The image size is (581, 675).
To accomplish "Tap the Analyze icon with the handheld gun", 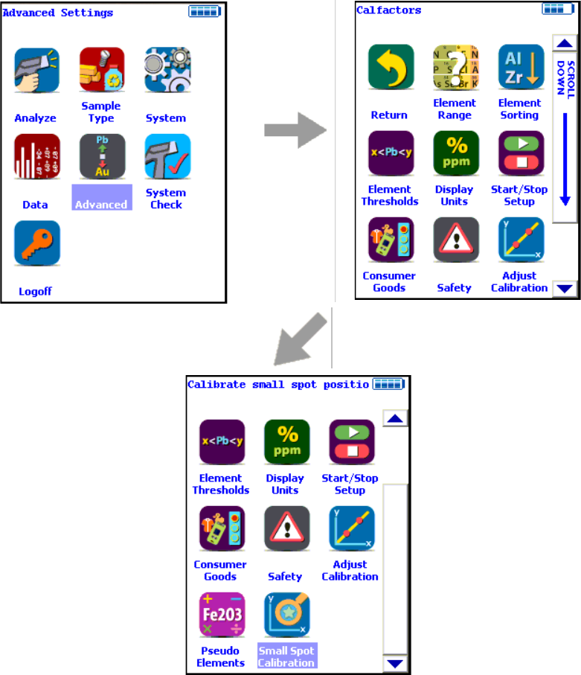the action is pos(36,71).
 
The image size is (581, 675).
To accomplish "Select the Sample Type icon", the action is pos(101,71).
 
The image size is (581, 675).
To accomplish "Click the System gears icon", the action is pos(167,71).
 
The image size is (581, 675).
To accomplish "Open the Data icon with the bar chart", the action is pos(36,157).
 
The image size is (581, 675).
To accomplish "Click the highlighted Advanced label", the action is pos(101,205).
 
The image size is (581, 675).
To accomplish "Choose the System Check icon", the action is pos(167,157).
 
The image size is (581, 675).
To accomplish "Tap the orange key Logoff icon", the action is pos(36,243).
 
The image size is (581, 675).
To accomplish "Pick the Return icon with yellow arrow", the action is pos(390,68).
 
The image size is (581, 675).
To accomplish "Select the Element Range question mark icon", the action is pos(455,68).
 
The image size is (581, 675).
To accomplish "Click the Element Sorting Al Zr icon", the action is pos(520,68).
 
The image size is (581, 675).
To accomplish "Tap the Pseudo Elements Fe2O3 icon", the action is pos(220,615).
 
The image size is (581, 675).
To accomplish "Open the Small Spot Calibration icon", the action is pos(286,615).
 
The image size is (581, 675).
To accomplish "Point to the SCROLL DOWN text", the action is pos(565,78).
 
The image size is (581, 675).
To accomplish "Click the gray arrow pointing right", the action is pos(295,129).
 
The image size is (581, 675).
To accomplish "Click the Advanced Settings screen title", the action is pos(58,13).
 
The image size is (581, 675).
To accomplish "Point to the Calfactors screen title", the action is pos(389,10).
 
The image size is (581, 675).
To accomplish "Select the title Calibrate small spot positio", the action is pos(278,385).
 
